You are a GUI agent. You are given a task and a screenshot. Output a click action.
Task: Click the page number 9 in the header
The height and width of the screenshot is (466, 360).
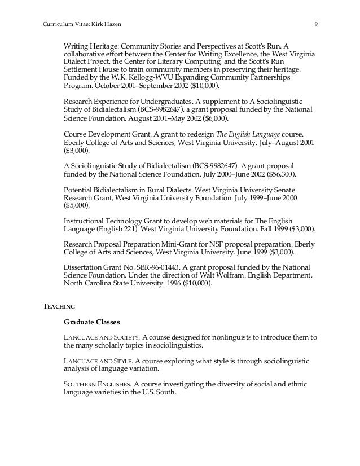316,24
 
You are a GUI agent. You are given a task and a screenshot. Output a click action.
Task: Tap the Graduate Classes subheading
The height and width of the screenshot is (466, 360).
91,322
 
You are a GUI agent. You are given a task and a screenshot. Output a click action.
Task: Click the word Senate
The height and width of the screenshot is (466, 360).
285,189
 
